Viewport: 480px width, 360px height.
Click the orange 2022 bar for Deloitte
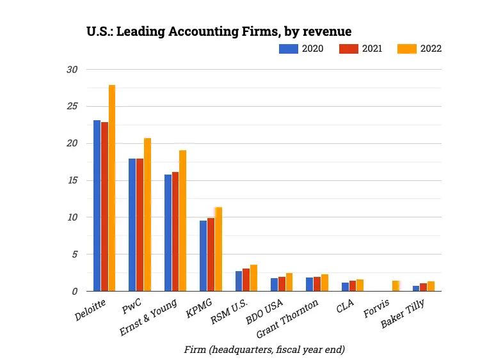(x=112, y=188)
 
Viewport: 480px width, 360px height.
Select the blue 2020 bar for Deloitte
(x=97, y=205)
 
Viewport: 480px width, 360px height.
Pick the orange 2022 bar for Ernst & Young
(x=182, y=221)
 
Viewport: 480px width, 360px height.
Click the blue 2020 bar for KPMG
(x=203, y=256)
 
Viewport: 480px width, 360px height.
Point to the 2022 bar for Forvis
(x=396, y=286)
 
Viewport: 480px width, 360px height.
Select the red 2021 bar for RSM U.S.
(x=246, y=279)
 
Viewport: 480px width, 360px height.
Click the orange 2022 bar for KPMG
(x=218, y=249)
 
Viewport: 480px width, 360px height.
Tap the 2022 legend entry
(x=419, y=49)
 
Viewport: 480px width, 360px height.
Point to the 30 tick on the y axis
(x=72, y=69)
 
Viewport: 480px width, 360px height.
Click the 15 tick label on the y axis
(x=72, y=180)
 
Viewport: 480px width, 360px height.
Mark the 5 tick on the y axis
(x=74, y=254)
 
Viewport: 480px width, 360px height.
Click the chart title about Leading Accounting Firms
(x=219, y=31)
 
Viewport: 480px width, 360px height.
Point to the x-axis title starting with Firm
(x=263, y=349)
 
